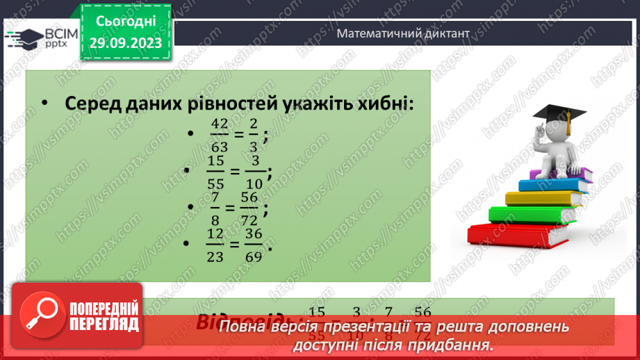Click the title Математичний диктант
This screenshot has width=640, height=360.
403,33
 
